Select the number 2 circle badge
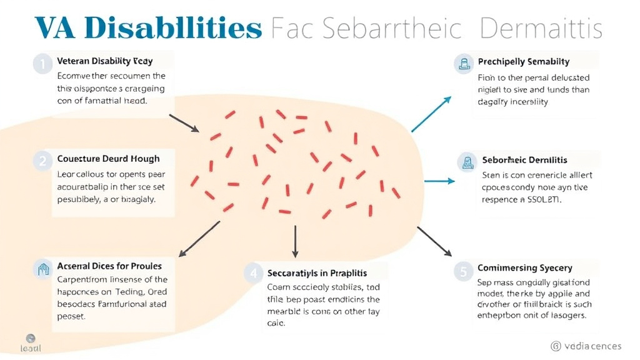click(x=42, y=160)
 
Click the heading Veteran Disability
click(x=104, y=61)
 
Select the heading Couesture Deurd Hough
click(x=108, y=159)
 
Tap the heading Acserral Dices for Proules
click(x=109, y=267)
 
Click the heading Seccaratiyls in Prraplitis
click(x=317, y=273)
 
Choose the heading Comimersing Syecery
click(x=524, y=268)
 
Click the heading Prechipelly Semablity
click(x=523, y=62)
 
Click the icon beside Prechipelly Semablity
click(x=464, y=62)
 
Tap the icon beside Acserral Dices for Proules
click(x=43, y=269)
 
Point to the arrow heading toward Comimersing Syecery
click(x=434, y=241)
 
